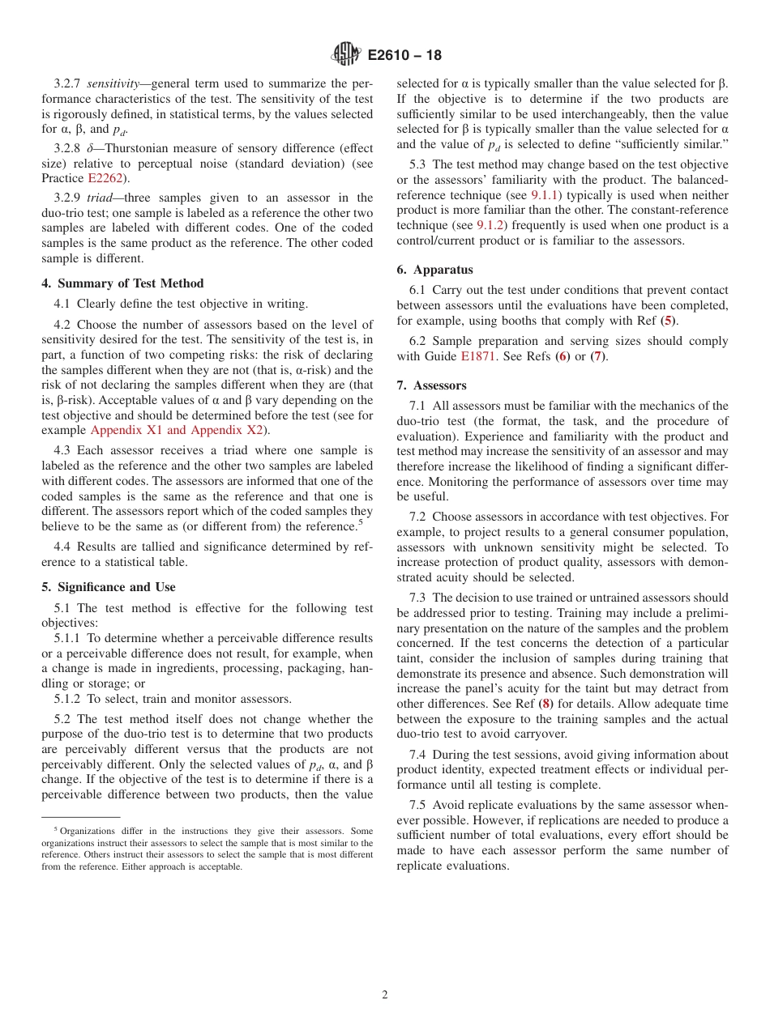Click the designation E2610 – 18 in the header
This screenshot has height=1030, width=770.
[x=404, y=56]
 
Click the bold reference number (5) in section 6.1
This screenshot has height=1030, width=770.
[x=668, y=321]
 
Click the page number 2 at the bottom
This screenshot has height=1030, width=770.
[x=385, y=995]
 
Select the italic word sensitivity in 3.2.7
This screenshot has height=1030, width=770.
[x=116, y=83]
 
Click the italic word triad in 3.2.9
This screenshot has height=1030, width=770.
[x=101, y=198]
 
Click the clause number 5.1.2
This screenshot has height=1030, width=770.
[x=68, y=699]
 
